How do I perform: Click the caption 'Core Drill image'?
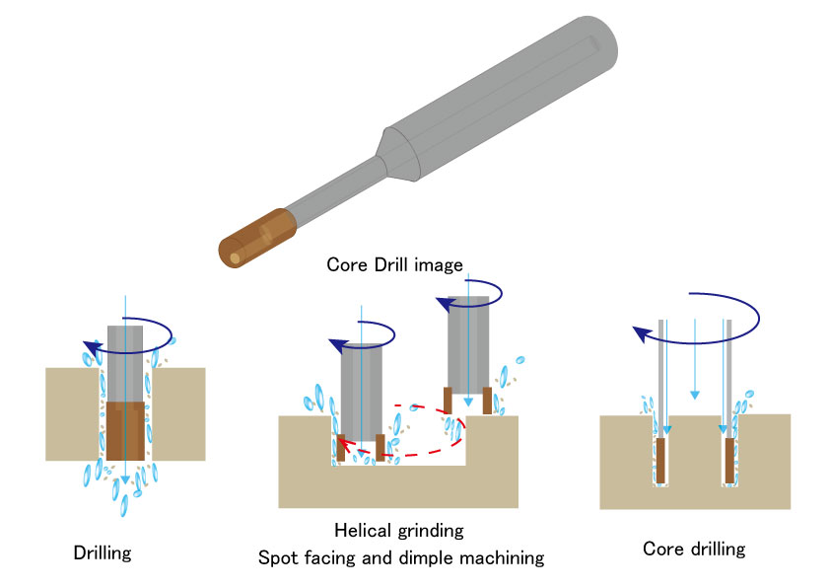(394, 265)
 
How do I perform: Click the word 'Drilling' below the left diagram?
(103, 553)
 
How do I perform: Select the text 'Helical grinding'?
(398, 531)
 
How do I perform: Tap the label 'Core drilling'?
(694, 549)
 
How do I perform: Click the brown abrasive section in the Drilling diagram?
(125, 432)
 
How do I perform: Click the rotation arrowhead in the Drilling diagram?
(92, 346)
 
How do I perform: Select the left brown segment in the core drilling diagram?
(661, 460)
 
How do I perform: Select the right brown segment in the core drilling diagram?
(729, 460)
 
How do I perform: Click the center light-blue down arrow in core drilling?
(695, 395)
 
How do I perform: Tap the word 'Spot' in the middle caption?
(277, 558)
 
